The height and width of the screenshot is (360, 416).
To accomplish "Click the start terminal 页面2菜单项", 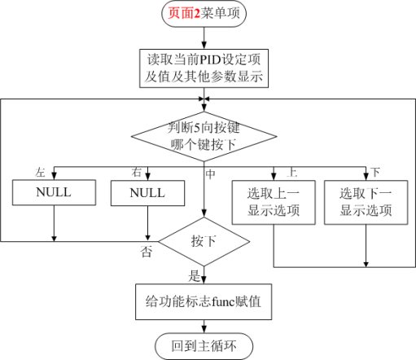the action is point(204,13).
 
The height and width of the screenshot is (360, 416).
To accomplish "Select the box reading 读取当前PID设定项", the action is point(204,68).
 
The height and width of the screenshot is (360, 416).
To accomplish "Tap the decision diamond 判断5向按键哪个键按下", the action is point(204,136).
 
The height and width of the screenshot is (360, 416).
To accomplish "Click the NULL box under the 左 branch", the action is point(54,192).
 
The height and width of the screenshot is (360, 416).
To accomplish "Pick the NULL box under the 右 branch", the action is point(147,193).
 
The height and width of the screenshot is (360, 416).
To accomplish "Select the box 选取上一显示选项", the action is point(274,202).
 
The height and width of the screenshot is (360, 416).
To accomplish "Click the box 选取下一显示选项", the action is point(366,202).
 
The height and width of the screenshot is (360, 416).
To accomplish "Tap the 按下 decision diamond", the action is point(204,241).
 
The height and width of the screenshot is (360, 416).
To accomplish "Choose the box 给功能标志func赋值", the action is point(204,301).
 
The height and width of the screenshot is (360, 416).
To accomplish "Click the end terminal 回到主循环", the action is point(204,346).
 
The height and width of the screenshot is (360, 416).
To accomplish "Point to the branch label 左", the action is point(40,173).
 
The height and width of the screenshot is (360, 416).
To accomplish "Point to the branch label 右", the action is point(137,172).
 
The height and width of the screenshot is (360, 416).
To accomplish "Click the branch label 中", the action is point(211,174).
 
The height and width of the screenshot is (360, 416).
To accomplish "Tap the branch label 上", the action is point(292,172).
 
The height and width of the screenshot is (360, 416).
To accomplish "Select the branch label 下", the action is point(375,172).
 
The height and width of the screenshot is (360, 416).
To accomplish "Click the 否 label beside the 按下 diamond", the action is point(147,252).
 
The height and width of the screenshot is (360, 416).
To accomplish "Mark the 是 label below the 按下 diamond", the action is point(195,276).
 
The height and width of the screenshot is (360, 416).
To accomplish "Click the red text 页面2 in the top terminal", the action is point(184,13).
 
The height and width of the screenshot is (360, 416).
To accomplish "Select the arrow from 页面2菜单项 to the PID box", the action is point(204,38).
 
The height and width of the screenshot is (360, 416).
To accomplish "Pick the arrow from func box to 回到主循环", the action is point(204,327).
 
